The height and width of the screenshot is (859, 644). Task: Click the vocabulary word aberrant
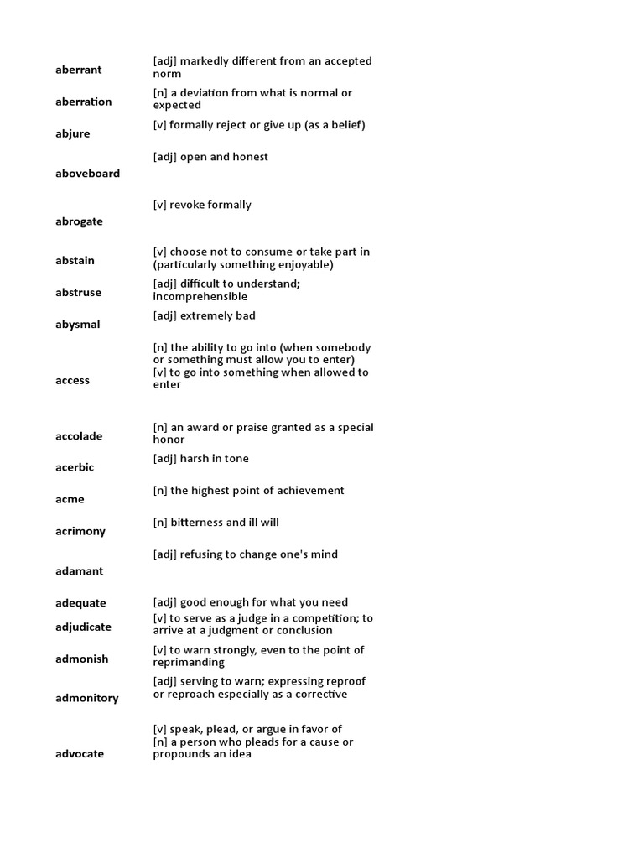(x=78, y=70)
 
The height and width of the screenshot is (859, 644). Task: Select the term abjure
(x=72, y=133)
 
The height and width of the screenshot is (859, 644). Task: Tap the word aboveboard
(x=87, y=174)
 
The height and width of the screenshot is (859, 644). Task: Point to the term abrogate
(x=79, y=221)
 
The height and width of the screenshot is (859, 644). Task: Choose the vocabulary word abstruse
(x=78, y=293)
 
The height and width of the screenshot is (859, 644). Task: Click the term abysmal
(x=77, y=325)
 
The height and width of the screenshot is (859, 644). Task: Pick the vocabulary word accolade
(x=79, y=436)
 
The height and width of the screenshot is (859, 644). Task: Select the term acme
(x=70, y=499)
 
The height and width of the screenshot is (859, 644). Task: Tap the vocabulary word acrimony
(x=80, y=531)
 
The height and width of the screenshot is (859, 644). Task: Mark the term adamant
(x=79, y=571)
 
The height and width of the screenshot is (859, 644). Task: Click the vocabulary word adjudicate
(x=83, y=627)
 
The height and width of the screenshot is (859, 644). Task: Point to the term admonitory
(x=86, y=698)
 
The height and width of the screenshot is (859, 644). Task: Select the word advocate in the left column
(x=80, y=754)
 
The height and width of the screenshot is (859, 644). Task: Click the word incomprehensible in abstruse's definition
(x=200, y=297)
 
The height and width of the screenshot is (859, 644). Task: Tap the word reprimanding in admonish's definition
(x=189, y=663)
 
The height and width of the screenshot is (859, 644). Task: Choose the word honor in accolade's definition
(x=169, y=440)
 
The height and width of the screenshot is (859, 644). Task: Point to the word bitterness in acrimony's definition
(x=200, y=523)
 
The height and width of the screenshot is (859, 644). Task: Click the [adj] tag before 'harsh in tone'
(x=164, y=459)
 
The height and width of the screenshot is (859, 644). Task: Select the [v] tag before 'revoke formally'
(x=159, y=205)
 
